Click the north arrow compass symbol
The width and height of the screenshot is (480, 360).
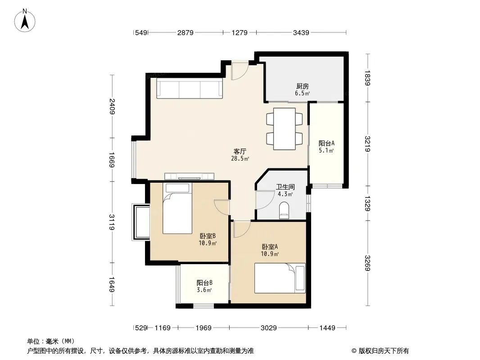click(25, 21)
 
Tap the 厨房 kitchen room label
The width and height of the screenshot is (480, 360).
click(302, 86)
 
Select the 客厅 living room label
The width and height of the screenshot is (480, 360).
click(240, 151)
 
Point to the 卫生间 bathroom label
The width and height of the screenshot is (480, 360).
click(285, 187)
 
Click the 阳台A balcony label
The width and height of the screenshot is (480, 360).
click(326, 143)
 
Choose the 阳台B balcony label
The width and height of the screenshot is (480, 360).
click(204, 283)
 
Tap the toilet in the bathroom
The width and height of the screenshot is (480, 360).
click(284, 210)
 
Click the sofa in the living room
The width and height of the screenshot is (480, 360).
click(190, 88)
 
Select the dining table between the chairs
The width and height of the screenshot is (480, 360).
click(285, 129)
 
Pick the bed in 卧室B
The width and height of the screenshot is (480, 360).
click(177, 208)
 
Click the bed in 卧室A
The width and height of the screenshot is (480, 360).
click(280, 278)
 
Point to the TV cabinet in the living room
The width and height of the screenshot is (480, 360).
click(189, 176)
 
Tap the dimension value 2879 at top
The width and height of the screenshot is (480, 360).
click(185, 32)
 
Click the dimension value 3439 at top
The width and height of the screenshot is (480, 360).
click(301, 32)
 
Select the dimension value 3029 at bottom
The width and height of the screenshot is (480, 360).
click(268, 328)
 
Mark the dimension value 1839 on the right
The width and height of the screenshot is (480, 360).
click(367, 78)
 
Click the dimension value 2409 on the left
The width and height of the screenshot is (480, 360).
click(112, 106)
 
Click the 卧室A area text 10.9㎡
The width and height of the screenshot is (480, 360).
click(270, 254)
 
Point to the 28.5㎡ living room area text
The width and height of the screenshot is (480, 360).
click(240, 158)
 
